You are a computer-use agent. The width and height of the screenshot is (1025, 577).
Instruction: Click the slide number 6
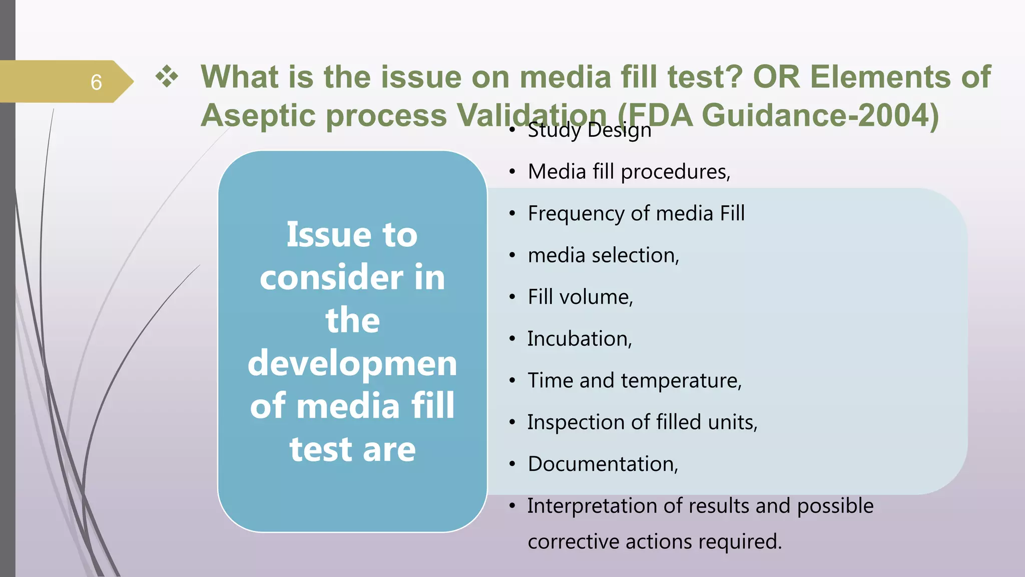tap(96, 82)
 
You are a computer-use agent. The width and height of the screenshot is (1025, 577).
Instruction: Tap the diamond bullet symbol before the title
tap(167, 77)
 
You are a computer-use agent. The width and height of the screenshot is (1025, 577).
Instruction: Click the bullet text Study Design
tap(589, 130)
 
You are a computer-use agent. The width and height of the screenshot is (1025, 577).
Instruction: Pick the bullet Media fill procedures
tap(629, 172)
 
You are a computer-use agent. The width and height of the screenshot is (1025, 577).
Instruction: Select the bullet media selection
tap(603, 255)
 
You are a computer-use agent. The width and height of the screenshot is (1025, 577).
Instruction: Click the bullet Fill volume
tap(580, 297)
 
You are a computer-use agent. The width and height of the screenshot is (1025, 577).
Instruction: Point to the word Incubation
tap(579, 339)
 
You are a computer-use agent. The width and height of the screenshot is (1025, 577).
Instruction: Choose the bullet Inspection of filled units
tap(642, 422)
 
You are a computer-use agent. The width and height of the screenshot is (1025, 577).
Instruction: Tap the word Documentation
tap(603, 464)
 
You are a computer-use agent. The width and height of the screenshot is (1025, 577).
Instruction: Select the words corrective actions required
tap(654, 542)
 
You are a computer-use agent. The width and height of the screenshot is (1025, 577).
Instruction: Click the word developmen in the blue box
tap(352, 363)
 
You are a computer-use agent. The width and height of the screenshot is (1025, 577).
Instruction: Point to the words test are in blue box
tap(352, 449)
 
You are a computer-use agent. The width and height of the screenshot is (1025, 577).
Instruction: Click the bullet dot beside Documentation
tap(512, 465)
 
